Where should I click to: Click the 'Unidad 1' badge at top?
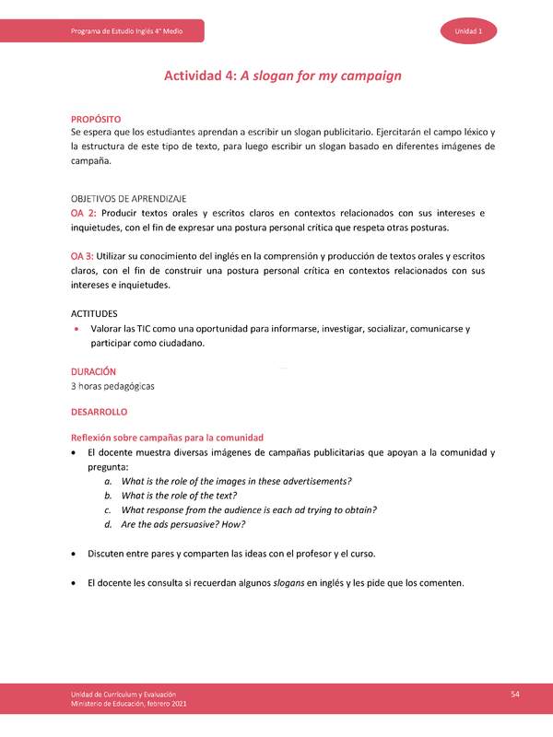click(470, 32)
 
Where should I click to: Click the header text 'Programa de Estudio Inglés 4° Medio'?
click(126, 32)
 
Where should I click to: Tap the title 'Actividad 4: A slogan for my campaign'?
click(282, 76)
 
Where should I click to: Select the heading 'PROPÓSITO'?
click(96, 120)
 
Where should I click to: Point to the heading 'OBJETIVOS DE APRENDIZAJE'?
click(129, 199)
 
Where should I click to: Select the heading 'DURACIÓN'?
click(93, 371)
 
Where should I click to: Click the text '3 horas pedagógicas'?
click(112, 386)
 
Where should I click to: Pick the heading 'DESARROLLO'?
click(99, 412)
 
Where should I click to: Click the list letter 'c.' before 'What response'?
click(108, 510)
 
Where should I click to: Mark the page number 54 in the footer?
click(516, 693)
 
